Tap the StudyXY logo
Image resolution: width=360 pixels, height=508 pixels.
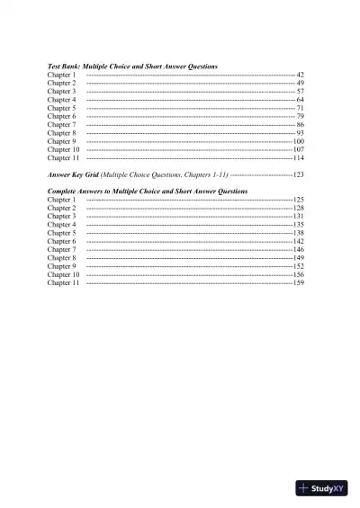point(321,488)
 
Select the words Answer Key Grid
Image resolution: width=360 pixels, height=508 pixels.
point(73,174)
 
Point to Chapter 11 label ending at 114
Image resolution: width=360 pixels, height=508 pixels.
point(63,158)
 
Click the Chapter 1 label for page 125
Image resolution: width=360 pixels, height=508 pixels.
point(61,200)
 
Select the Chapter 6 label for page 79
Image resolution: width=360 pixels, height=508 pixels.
point(61,116)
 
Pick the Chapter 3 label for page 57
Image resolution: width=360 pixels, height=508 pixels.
point(61,92)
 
